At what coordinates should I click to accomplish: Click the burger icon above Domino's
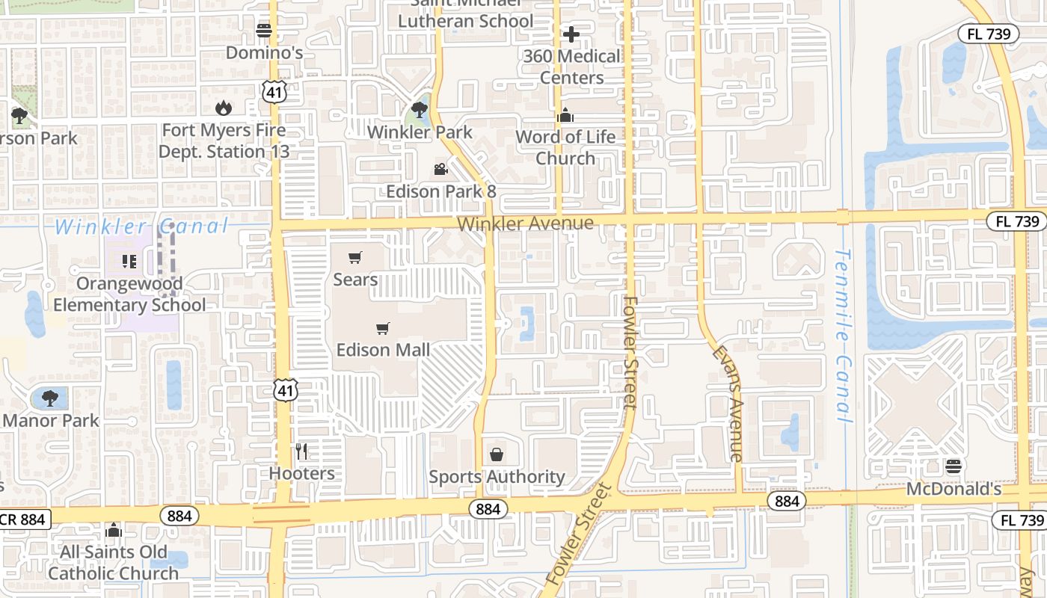tap(263, 31)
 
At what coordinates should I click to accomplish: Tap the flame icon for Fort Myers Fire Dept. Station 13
tap(223, 108)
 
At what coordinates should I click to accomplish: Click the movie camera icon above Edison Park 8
tap(440, 170)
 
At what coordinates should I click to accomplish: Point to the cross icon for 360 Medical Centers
tap(571, 34)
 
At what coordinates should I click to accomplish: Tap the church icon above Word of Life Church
tap(565, 116)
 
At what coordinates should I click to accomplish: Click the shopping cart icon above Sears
tap(355, 258)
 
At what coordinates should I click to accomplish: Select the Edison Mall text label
tap(383, 350)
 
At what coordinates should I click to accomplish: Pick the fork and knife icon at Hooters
tap(301, 451)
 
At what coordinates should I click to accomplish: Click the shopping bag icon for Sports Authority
tap(496, 454)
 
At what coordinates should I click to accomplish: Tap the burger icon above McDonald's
tap(953, 467)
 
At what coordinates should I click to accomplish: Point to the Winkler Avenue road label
tap(525, 224)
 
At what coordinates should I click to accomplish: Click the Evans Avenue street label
tap(727, 403)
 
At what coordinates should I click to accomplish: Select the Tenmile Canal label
tap(844, 336)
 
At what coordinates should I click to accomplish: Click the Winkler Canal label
tap(141, 226)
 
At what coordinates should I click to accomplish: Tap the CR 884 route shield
tap(25, 519)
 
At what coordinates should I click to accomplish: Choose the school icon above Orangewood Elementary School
tap(129, 262)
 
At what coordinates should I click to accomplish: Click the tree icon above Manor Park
tap(49, 398)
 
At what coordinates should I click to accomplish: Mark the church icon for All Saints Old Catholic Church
tap(114, 530)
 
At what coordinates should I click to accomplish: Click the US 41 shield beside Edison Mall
tap(286, 389)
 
